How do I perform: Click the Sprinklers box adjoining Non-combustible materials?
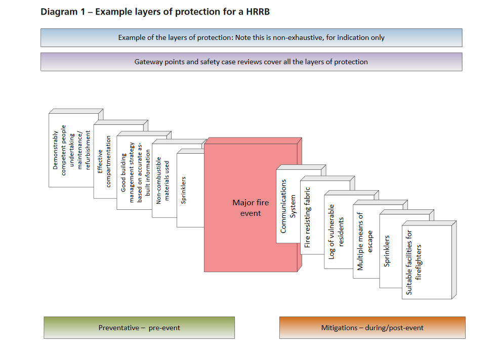[189, 190]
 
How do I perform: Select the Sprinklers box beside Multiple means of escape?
[390, 251]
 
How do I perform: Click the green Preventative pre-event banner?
[139, 328]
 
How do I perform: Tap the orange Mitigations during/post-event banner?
[372, 328]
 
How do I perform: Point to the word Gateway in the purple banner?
[147, 62]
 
